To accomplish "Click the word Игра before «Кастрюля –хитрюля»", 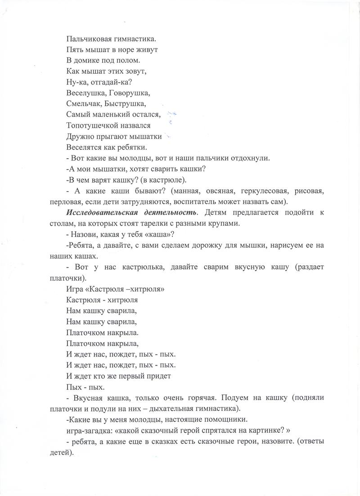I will pos(74,289).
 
